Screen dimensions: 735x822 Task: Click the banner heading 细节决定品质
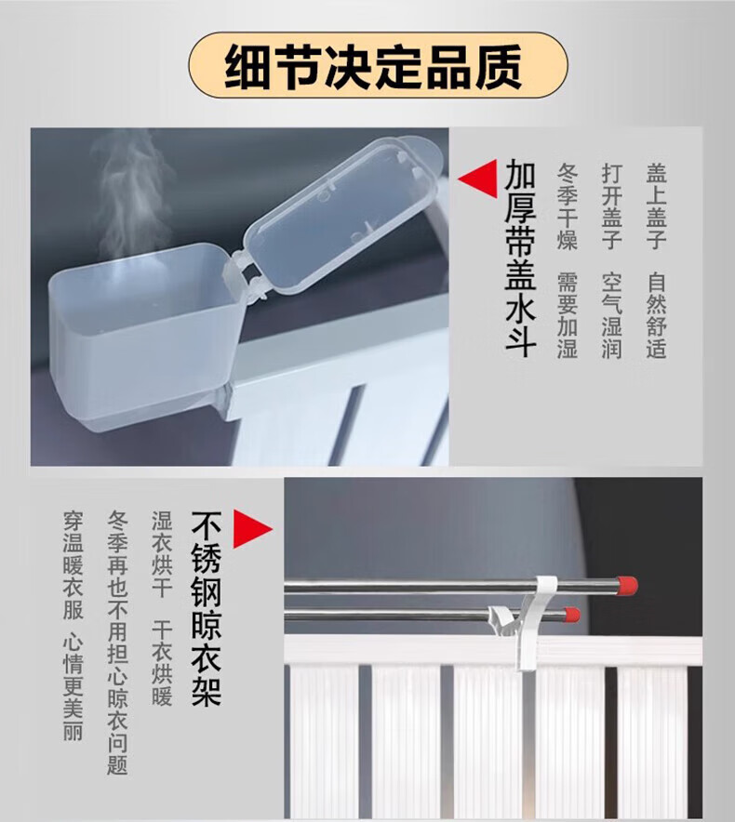[373, 67]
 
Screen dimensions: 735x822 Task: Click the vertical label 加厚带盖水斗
[520, 259]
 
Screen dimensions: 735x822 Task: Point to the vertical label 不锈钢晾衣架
[207, 608]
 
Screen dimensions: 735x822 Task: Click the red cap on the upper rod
[627, 584]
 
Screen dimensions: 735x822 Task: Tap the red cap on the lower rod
[571, 615]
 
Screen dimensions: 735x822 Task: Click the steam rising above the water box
[132, 194]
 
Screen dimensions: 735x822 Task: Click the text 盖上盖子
[656, 206]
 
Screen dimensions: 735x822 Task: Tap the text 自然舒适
[656, 314]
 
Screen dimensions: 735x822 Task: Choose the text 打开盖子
[611, 206]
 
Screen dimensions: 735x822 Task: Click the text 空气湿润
[611, 314]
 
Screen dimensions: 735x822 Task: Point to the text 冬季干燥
[568, 206]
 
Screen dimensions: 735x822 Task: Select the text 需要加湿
[568, 314]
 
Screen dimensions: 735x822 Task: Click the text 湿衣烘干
[162, 554]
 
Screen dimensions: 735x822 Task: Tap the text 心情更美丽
[73, 688]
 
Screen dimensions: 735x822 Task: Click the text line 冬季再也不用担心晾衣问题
[117, 643]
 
